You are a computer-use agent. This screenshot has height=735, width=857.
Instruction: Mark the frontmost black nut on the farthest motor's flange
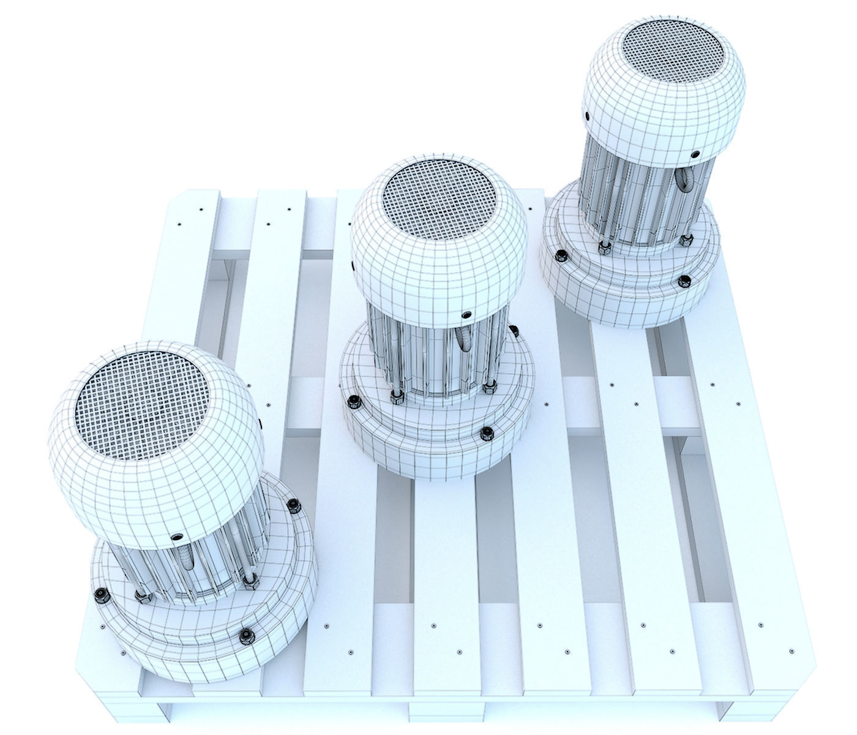pos(684,282)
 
